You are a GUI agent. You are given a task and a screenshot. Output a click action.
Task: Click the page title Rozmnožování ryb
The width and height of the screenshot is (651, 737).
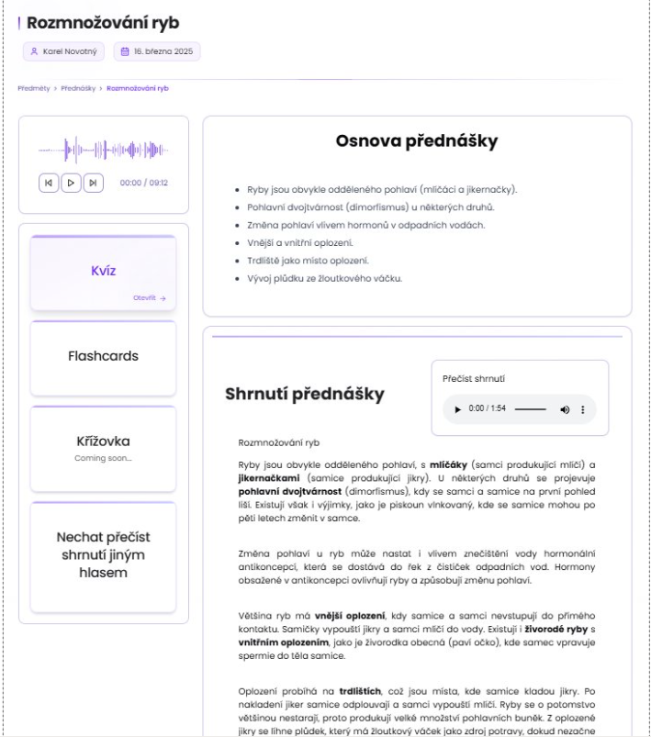[103, 23]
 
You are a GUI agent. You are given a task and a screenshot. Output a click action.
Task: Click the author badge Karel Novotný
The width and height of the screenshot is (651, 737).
[63, 52]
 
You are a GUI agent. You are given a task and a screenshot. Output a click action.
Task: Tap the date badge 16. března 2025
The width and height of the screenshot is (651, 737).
[157, 52]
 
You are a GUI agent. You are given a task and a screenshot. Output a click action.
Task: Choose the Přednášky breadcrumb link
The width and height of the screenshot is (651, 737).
[79, 88]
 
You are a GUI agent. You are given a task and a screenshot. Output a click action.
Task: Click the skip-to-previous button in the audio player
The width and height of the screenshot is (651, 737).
[49, 183]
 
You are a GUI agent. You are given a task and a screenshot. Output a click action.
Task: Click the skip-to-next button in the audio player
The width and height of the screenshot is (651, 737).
[93, 183]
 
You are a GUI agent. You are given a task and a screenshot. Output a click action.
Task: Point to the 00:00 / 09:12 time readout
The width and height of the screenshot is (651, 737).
[144, 183]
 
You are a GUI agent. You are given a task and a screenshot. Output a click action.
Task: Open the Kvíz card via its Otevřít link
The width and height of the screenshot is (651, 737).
[149, 298]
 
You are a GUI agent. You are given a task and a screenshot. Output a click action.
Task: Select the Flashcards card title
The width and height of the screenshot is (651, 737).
[103, 355]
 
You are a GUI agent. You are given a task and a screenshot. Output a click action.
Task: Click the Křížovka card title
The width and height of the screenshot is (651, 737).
[103, 441]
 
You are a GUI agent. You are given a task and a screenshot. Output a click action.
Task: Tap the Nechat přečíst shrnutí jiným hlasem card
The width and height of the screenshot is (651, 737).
[103, 554]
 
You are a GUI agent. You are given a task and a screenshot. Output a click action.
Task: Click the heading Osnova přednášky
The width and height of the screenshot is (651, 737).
[417, 141]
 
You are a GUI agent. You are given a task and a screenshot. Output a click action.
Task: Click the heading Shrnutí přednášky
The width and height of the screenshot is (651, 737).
[305, 395]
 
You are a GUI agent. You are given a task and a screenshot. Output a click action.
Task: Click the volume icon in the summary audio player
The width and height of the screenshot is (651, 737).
[565, 408]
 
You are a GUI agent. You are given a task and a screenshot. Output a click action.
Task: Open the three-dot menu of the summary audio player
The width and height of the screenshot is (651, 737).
[582, 408]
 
